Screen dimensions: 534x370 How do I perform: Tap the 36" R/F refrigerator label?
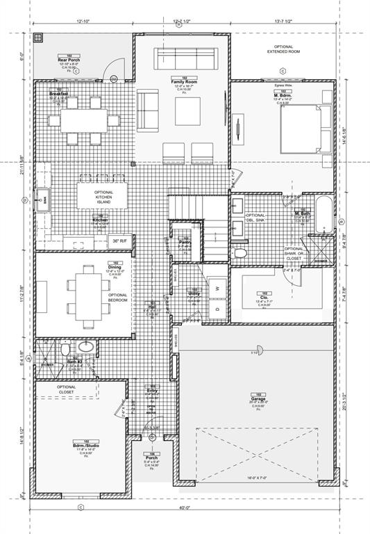(119, 241)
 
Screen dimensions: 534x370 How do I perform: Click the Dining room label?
(94, 267)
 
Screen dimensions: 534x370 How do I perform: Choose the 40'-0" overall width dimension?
(181, 507)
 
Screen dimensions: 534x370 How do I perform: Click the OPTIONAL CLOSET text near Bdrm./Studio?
(67, 390)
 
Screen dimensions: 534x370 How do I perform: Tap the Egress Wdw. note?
(284, 84)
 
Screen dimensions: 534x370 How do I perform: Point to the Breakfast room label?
(58, 94)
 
